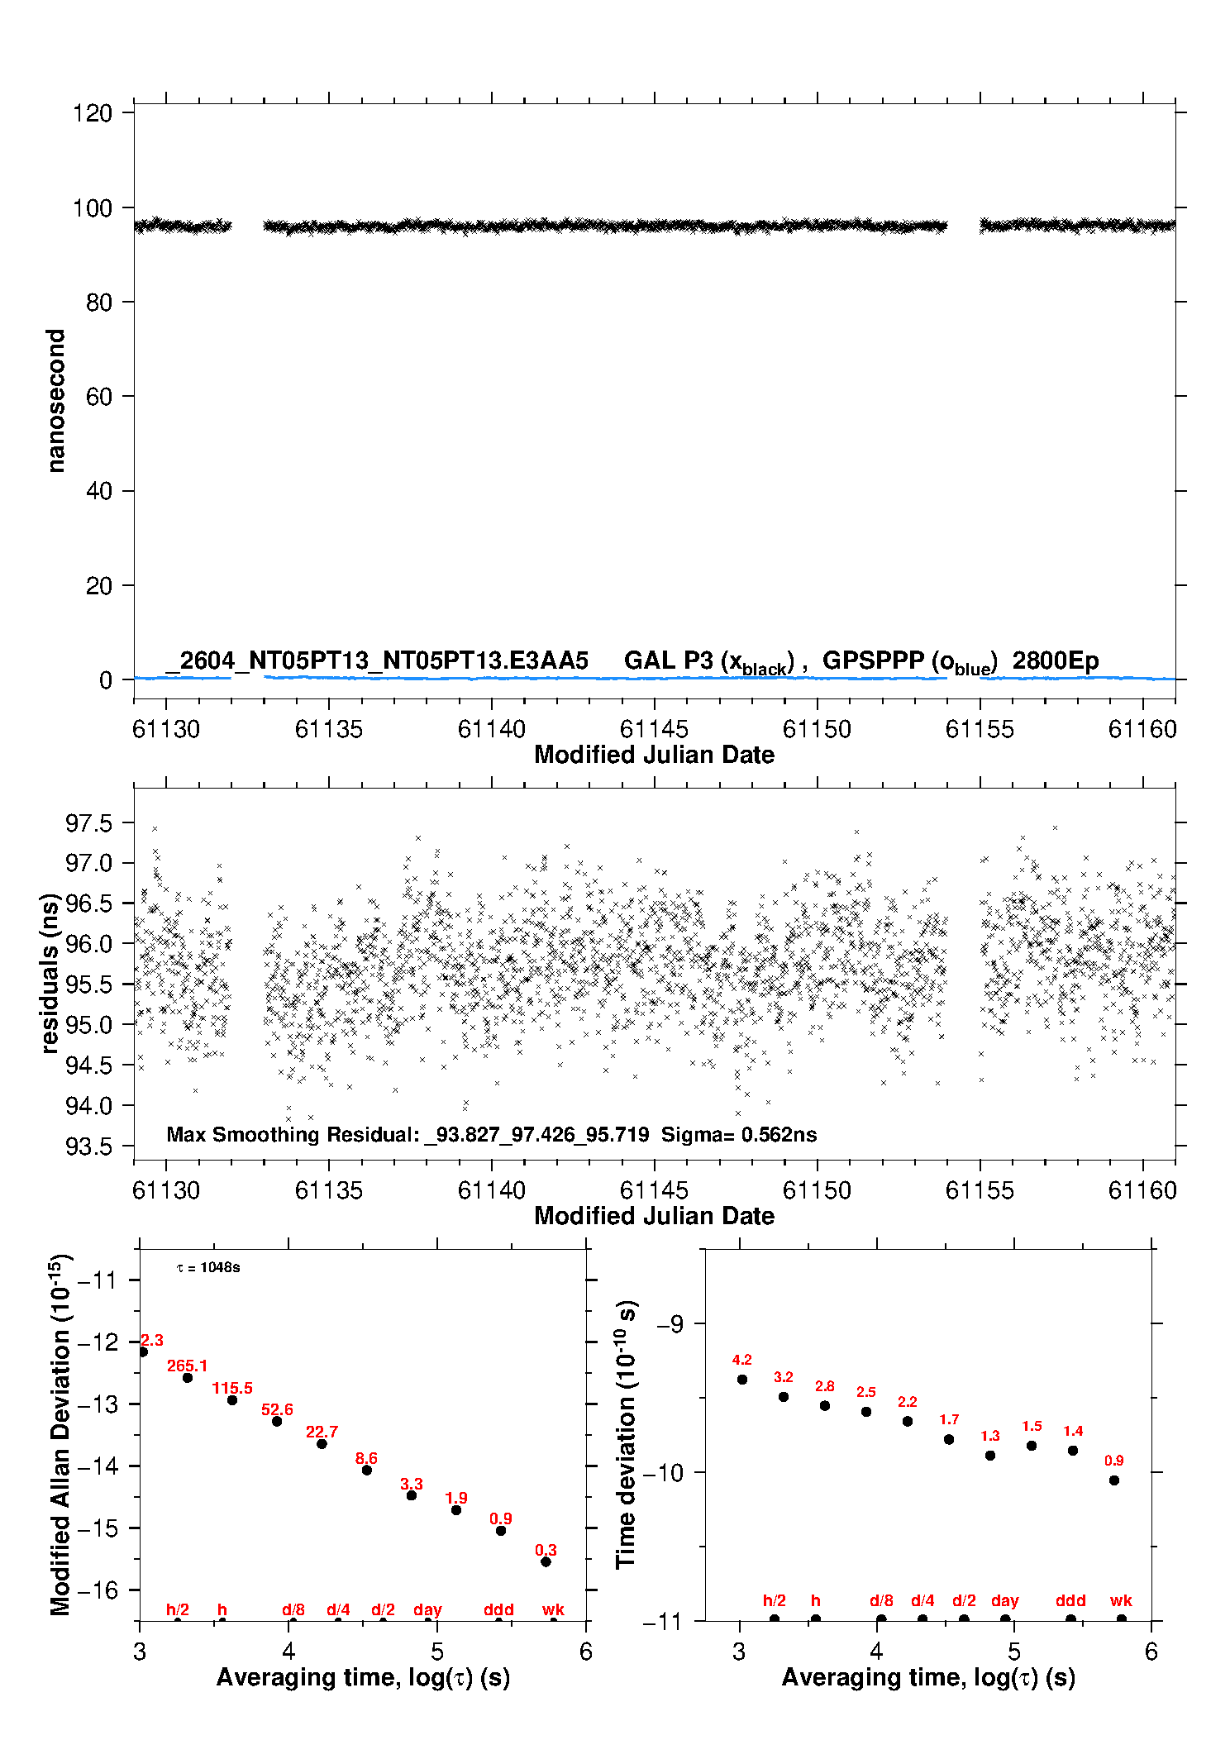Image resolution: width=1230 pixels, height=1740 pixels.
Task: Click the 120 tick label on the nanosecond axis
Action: pos(92,112)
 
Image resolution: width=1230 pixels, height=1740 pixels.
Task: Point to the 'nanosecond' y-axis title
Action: pos(55,401)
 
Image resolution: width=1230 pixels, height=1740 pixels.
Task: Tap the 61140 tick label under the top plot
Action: pos(492,729)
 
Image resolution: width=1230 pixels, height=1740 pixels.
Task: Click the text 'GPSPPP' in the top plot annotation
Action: pos(874,660)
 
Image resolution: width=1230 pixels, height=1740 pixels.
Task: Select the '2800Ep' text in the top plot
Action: pos(1056,661)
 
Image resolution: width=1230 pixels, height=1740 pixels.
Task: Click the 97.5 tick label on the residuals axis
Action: pos(88,823)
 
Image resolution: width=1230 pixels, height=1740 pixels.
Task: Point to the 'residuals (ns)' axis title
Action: pos(50,973)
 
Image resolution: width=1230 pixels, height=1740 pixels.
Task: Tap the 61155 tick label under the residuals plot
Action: pos(980,1190)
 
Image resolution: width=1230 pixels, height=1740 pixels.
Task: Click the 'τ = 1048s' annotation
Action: pos(208,1267)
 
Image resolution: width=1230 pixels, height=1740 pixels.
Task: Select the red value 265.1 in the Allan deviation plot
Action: pos(188,1366)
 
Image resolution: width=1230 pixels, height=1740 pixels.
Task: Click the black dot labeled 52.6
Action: pos(277,1421)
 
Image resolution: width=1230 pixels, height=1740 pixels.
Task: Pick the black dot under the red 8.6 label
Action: pos(367,1470)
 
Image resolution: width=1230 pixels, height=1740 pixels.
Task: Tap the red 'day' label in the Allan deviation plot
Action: pos(427,1609)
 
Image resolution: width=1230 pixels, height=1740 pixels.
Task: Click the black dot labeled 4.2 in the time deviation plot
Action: pos(742,1379)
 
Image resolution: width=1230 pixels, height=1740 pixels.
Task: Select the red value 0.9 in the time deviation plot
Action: pos(1114,1461)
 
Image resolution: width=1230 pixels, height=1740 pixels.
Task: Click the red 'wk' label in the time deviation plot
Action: pos(1121,1600)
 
